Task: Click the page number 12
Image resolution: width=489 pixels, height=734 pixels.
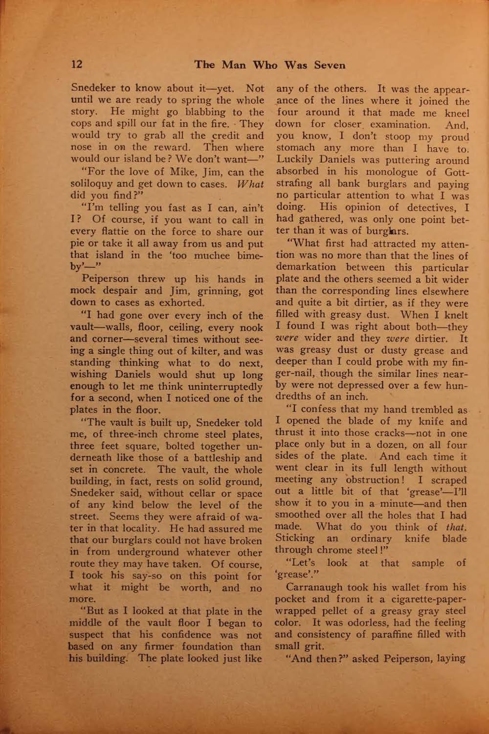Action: [77, 65]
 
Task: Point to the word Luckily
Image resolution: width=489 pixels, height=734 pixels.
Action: [294, 160]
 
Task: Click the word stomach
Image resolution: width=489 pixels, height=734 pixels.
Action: [294, 148]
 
